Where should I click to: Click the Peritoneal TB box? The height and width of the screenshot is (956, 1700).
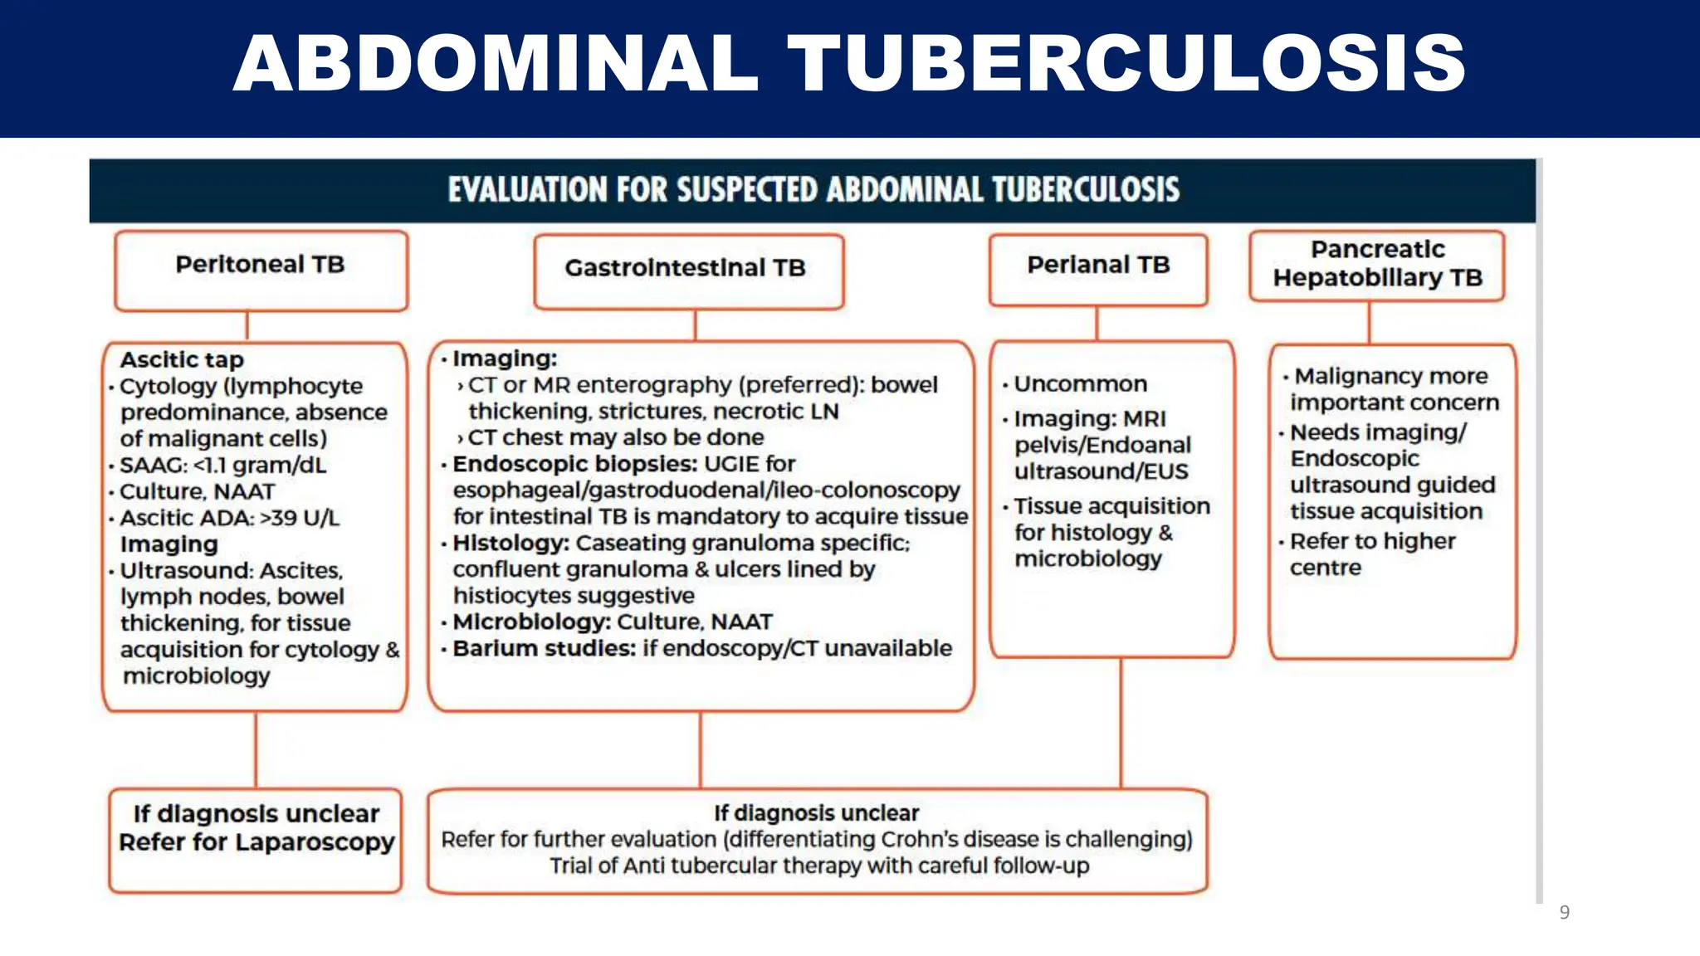[x=261, y=271]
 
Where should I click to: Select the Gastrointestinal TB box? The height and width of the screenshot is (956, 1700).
[x=688, y=271]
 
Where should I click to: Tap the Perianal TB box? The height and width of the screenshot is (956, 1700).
[x=1097, y=269]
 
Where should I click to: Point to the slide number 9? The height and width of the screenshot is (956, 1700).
[x=1564, y=912]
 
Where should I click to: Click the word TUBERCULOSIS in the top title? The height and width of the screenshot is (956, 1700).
[x=1126, y=63]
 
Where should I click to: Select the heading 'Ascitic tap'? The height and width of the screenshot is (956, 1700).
[x=182, y=359]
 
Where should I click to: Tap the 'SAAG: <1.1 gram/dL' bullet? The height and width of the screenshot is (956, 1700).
[x=222, y=465]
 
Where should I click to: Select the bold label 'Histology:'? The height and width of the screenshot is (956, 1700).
[x=510, y=543]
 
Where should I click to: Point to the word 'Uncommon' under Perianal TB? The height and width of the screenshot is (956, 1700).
[x=1080, y=383]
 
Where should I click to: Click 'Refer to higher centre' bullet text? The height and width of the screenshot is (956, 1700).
[x=1371, y=554]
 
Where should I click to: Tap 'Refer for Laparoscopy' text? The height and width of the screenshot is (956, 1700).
[x=256, y=841]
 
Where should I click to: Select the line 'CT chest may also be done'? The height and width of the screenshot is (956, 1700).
[x=615, y=437]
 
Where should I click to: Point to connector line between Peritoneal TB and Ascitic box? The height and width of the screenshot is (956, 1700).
[x=247, y=325]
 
